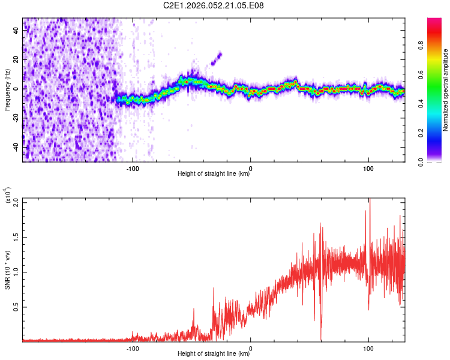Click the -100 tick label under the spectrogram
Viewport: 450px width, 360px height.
click(x=133, y=167)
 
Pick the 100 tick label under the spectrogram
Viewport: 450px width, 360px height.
click(x=368, y=167)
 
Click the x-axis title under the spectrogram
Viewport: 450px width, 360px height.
click(x=214, y=174)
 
